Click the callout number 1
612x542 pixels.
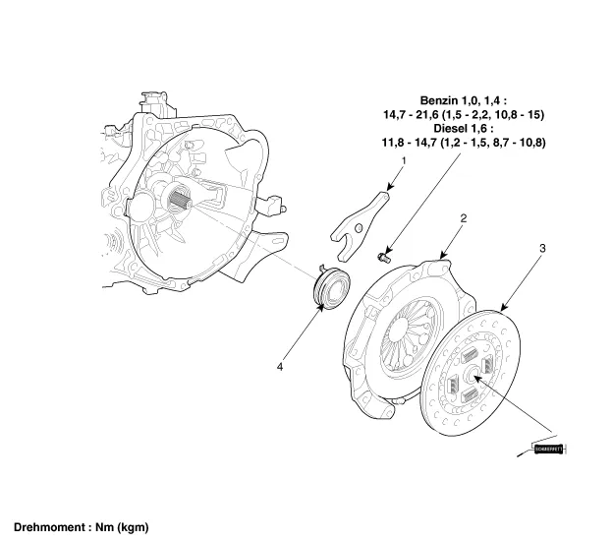(403, 160)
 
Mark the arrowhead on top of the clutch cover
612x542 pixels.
(441, 257)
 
